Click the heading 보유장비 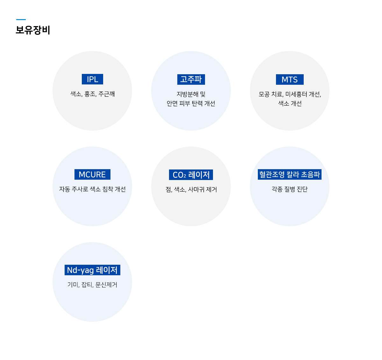33,30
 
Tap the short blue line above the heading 21,19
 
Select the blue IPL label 92,79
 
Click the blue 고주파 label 191,79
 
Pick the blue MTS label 290,79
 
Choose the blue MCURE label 92,174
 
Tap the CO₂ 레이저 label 191,175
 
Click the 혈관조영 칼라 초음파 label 290,174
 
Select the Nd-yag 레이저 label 92,270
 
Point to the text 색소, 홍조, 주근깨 93,94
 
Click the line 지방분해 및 191,94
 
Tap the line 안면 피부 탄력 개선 191,104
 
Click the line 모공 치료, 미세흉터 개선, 290,94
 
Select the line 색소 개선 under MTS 290,104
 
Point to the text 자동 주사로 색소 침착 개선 92,189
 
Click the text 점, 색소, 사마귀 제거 191,190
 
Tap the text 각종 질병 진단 290,189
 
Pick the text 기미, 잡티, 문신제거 92,284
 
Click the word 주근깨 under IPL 107,94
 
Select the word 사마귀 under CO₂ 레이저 196,190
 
